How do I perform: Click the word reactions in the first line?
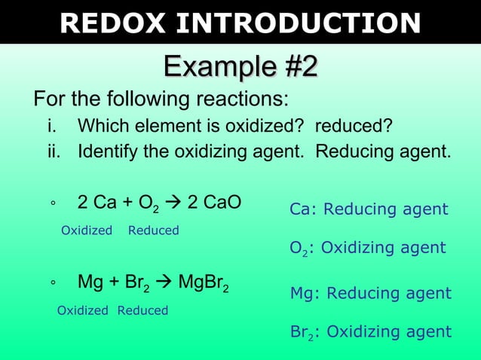pyautogui.click(x=242, y=99)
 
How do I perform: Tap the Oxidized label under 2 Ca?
pyautogui.click(x=86, y=230)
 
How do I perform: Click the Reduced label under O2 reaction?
pyautogui.click(x=153, y=230)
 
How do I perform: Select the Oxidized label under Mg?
pyautogui.click(x=83, y=310)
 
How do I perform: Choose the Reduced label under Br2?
pyautogui.click(x=142, y=310)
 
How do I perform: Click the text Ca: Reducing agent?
pyautogui.click(x=369, y=209)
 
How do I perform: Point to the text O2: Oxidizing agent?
pyautogui.click(x=368, y=248)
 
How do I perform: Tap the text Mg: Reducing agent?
pyautogui.click(x=370, y=293)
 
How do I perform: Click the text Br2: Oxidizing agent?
pyautogui.click(x=370, y=331)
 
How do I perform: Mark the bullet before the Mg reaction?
pyautogui.click(x=53, y=285)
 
